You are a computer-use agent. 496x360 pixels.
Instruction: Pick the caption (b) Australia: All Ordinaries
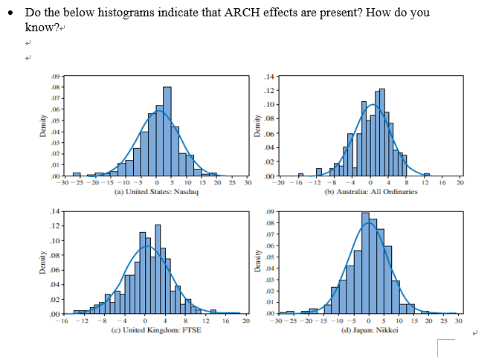point(372,191)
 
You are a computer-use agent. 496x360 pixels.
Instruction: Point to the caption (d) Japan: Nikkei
point(372,328)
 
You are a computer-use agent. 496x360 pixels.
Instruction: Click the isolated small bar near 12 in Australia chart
point(426,175)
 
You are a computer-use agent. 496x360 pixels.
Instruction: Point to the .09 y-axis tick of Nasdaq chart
point(55,77)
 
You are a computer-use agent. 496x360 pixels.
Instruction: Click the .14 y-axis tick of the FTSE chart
point(55,213)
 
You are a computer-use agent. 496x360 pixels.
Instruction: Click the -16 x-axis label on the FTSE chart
point(64,320)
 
